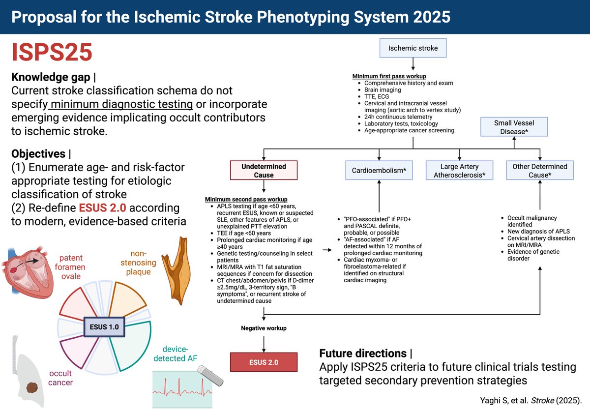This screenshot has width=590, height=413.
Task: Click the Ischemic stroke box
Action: [413, 48]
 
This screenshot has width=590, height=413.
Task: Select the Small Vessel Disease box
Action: [513, 126]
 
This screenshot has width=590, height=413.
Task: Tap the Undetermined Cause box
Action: [264, 171]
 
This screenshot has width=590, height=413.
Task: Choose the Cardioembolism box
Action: [379, 170]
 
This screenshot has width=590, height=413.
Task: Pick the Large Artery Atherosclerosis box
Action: [459, 171]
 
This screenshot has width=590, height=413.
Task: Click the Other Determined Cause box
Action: [540, 171]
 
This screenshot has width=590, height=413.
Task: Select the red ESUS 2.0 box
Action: [264, 362]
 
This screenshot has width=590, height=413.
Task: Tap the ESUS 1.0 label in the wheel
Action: [104, 325]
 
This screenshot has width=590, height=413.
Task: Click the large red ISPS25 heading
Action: [52, 53]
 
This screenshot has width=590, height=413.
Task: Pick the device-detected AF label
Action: [175, 353]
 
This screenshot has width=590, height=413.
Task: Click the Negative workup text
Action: [264, 328]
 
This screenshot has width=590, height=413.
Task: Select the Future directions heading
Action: [363, 353]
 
